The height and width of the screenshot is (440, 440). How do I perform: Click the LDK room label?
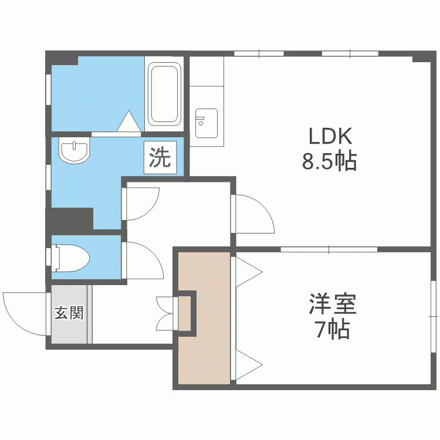pos(330,136)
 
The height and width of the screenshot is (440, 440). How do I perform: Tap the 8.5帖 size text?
pos(330,161)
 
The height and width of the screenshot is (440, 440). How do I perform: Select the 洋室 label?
pos(333,303)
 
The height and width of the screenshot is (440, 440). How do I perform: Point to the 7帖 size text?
pos(333,329)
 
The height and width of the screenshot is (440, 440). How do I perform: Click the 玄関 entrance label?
pos(69,313)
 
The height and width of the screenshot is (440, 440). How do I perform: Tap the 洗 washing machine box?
pos(160,157)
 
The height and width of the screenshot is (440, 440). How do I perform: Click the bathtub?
pos(164,94)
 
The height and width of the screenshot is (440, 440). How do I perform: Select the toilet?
pos(71,258)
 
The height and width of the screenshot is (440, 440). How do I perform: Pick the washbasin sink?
pos(74,150)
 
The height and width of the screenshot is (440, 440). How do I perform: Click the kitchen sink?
pos(207,123)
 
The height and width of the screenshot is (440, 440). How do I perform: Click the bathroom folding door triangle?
pos(129,121)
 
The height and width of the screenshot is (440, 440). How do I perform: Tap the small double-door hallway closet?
pos(166,313)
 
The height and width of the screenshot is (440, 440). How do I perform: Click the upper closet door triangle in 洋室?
pos(249,272)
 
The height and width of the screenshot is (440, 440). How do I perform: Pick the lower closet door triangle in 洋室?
pos(249,365)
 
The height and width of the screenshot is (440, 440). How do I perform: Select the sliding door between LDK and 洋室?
pos(329,249)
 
